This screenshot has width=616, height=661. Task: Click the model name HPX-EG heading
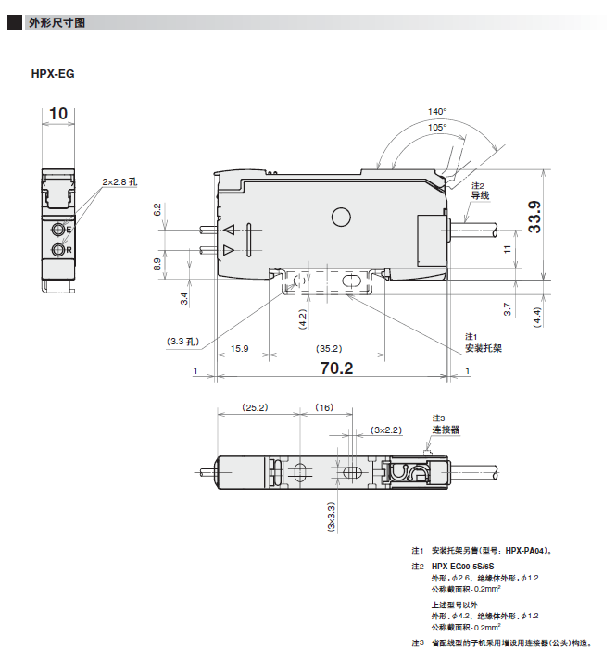pyautogui.click(x=53, y=74)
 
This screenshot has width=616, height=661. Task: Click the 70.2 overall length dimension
pyautogui.click(x=336, y=368)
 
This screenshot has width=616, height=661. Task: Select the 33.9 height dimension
pyautogui.click(x=534, y=217)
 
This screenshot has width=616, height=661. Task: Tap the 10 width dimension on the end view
pyautogui.click(x=58, y=113)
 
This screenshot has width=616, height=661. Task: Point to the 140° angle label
pyautogui.click(x=437, y=112)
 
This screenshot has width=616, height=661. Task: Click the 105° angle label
pyautogui.click(x=437, y=128)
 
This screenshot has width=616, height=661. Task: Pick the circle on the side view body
pyautogui.click(x=341, y=218)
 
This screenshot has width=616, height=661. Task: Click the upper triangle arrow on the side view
pyautogui.click(x=229, y=230)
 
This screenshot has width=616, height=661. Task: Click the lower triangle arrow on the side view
pyautogui.click(x=228, y=250)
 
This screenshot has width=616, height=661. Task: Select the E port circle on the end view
pyautogui.click(x=57, y=230)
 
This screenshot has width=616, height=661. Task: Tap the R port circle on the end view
pyautogui.click(x=57, y=250)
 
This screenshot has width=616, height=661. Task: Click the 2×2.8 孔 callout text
pyautogui.click(x=119, y=182)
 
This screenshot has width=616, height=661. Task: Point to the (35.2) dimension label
pyautogui.click(x=329, y=349)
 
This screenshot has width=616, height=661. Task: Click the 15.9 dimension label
pyautogui.click(x=239, y=349)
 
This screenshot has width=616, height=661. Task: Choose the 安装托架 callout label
pyautogui.click(x=484, y=348)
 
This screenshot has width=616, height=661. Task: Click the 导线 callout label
pyautogui.click(x=480, y=195)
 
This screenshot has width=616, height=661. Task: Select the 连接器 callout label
pyautogui.click(x=446, y=430)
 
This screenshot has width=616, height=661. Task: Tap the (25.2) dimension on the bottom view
pyautogui.click(x=255, y=407)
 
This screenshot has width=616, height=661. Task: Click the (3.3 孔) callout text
pyautogui.click(x=182, y=342)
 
